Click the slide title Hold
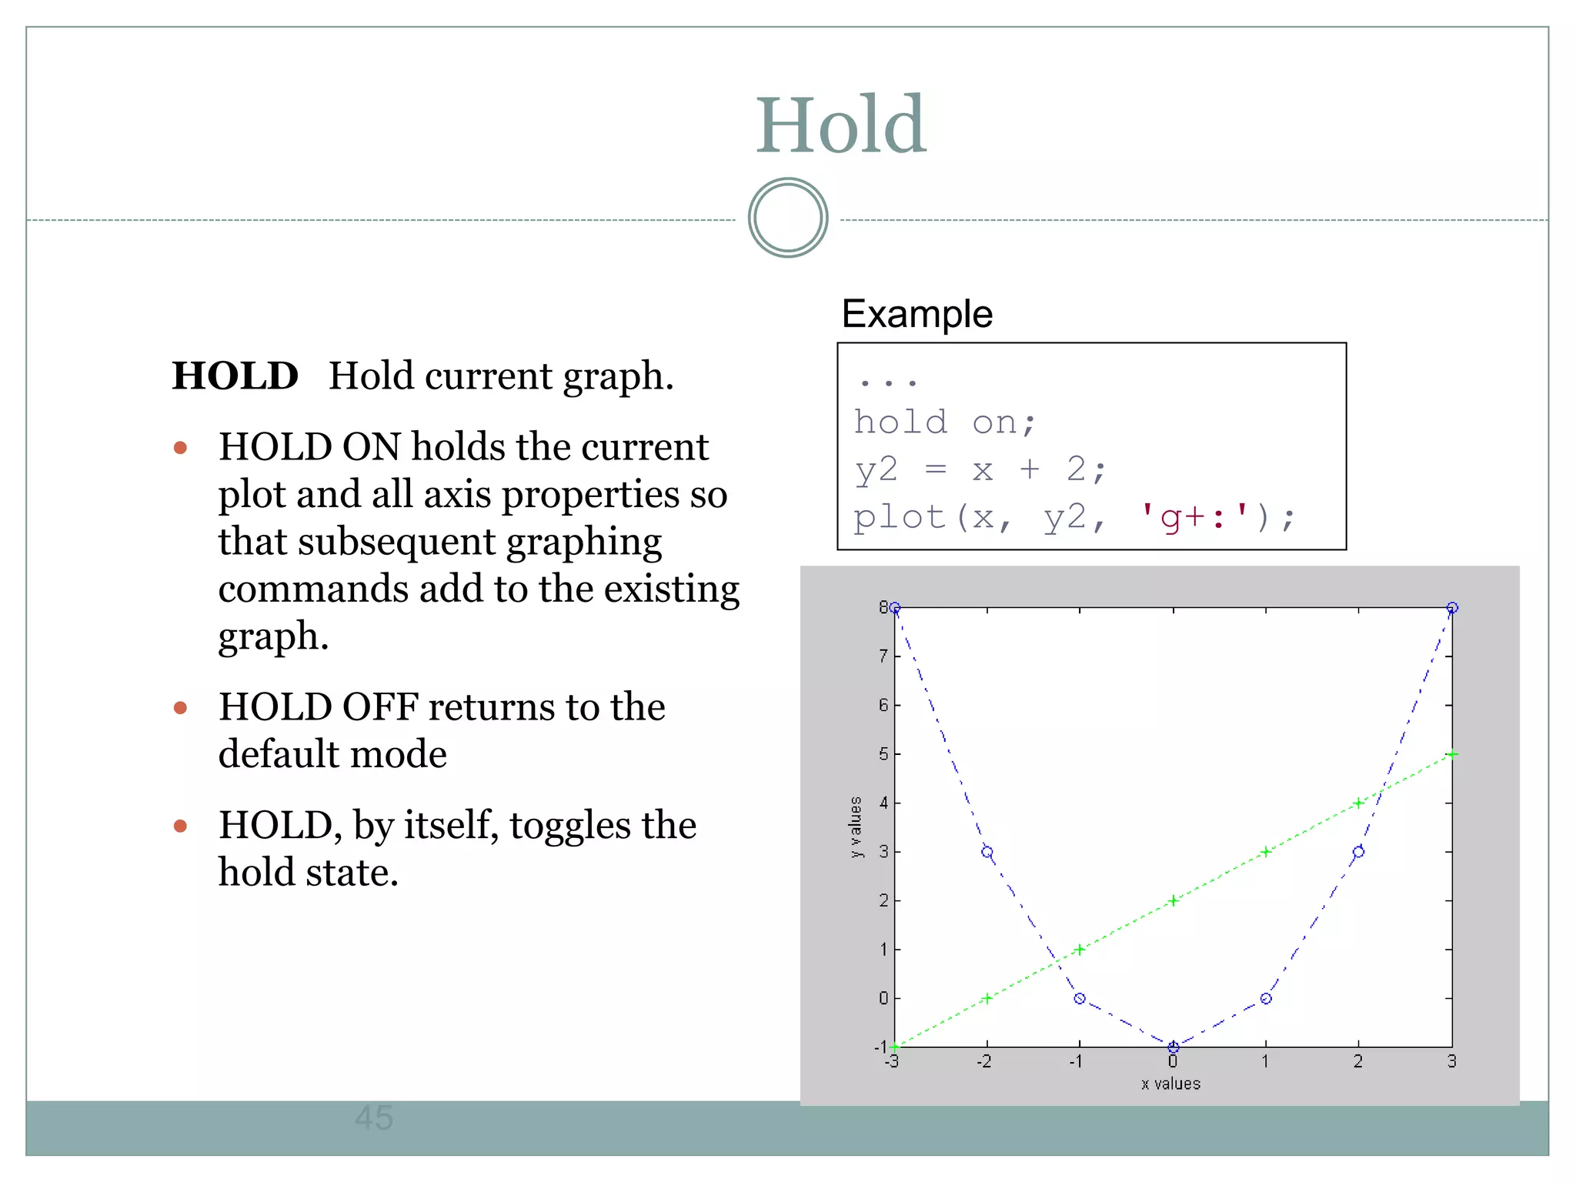coord(840,125)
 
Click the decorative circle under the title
coord(787,218)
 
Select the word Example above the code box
coord(917,314)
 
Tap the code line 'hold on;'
coord(945,422)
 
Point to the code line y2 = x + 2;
coord(980,469)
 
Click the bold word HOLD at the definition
coord(235,376)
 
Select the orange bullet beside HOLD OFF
coord(181,707)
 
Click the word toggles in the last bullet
coord(570,826)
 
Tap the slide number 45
coord(374,1118)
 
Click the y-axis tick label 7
coord(883,656)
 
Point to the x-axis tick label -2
coord(983,1062)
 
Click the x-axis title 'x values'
coord(1170,1084)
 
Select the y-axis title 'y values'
coord(856,827)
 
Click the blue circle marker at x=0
coord(1173,1047)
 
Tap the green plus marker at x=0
coord(1173,900)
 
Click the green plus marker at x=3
coord(1451,754)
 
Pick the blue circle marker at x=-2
coord(987,852)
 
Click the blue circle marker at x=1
coord(1266,998)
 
